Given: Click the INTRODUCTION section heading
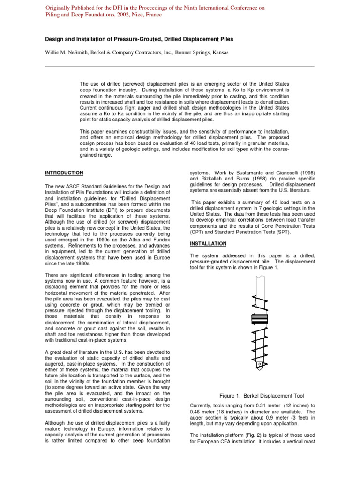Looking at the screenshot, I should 64,172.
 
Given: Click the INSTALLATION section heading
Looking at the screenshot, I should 208,244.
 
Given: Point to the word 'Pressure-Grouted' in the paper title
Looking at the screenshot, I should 134,39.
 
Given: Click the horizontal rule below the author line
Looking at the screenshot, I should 180,67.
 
